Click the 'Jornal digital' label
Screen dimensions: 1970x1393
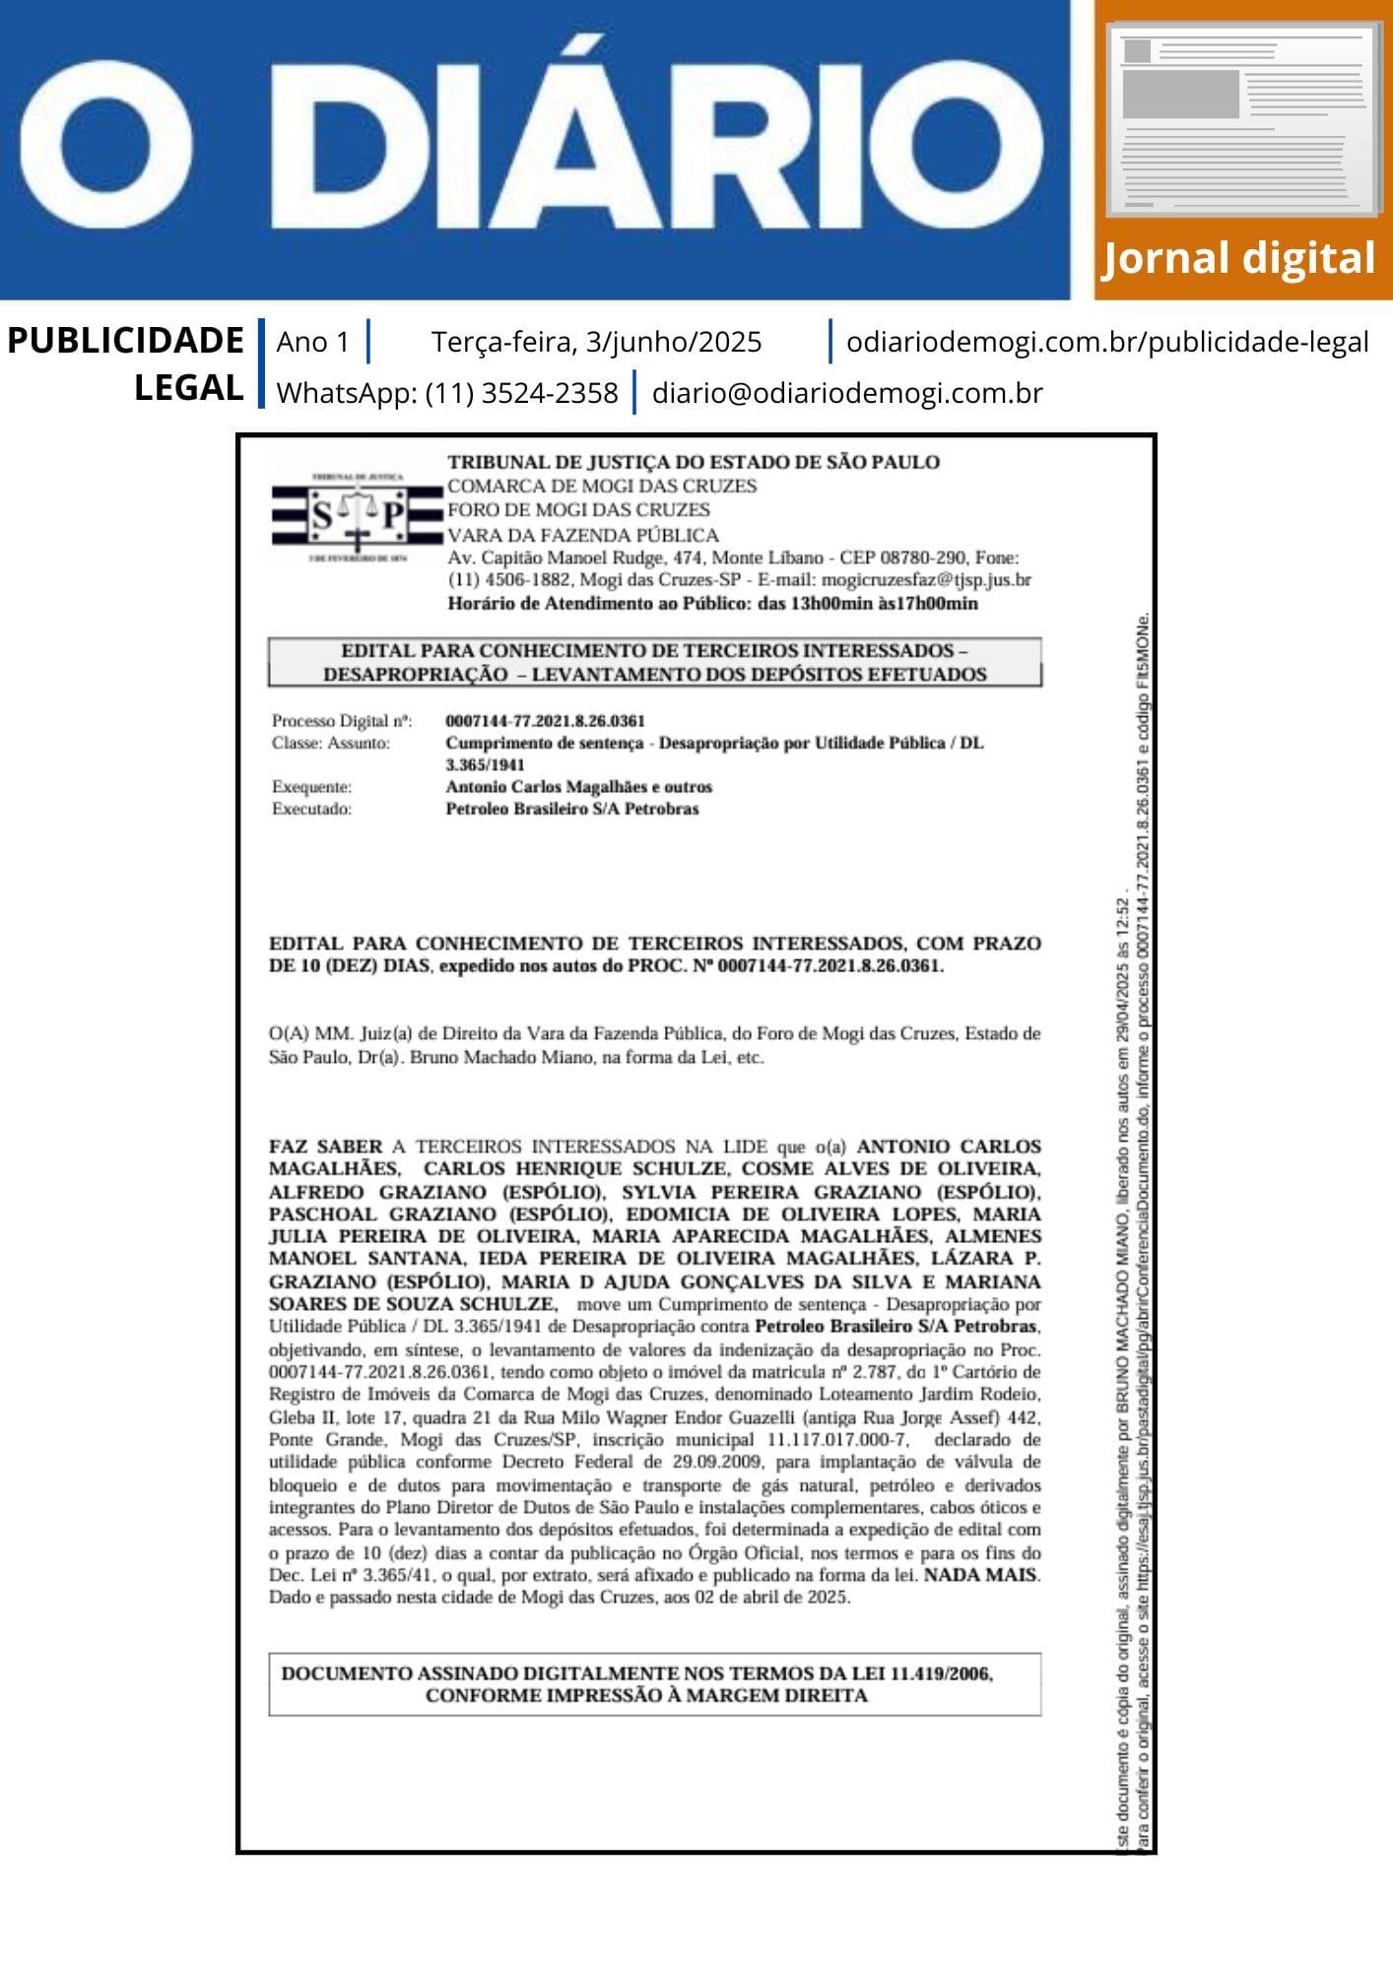(1237, 259)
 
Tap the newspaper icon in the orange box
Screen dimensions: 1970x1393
(1243, 120)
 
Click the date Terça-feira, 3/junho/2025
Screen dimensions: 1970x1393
(596, 342)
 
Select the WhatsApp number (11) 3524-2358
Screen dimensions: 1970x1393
(521, 393)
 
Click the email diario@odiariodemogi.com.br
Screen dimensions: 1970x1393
(846, 393)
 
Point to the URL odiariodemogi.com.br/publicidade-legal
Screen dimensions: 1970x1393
(1107, 342)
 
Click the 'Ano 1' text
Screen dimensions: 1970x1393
(312, 342)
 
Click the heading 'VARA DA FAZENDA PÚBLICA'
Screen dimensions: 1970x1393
(583, 535)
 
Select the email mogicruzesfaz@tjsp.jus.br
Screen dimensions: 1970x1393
(926, 579)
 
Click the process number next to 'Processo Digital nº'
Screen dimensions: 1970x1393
(545, 721)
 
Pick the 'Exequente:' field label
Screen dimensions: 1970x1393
(311, 787)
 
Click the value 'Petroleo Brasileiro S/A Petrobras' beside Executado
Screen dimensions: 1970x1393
(571, 809)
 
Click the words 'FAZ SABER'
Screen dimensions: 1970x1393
(325, 1147)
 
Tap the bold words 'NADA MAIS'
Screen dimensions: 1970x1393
(979, 1575)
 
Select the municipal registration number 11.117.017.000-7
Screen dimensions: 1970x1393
(837, 1440)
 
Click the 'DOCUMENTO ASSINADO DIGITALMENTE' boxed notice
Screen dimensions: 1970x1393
(654, 1684)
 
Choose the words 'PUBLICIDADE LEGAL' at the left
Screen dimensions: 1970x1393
(125, 363)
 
